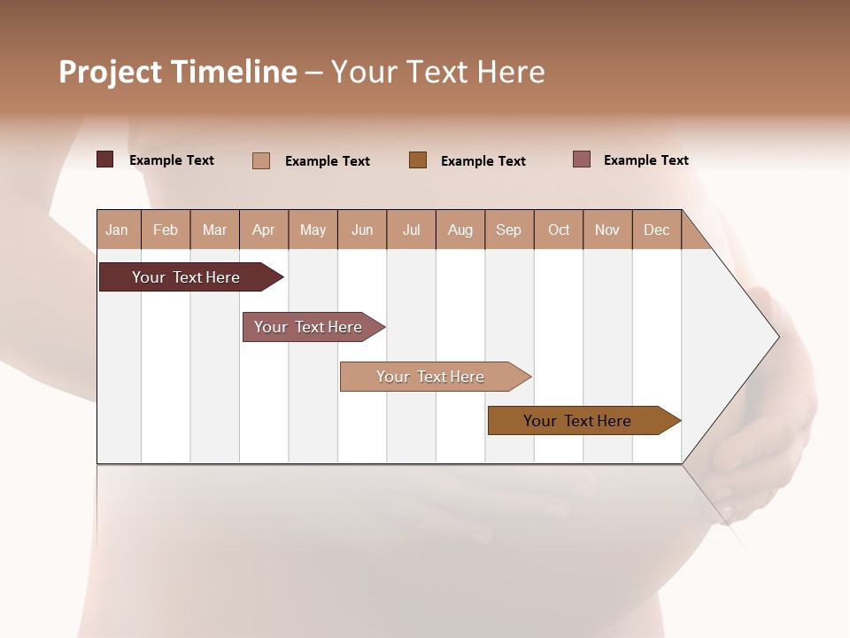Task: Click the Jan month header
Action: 117,230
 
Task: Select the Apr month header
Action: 263,230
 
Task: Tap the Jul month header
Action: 411,230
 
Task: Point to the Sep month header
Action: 508,230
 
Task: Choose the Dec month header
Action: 656,230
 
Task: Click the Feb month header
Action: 166,230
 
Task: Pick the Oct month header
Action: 559,230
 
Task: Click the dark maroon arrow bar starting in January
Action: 186,277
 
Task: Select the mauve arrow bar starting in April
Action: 308,327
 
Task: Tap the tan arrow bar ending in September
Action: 430,377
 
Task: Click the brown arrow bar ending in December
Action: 577,421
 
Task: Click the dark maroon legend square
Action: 104,159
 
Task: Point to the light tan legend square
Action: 261,160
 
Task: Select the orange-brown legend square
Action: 418,159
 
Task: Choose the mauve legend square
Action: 582,159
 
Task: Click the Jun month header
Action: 362,230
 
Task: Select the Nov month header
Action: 607,230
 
